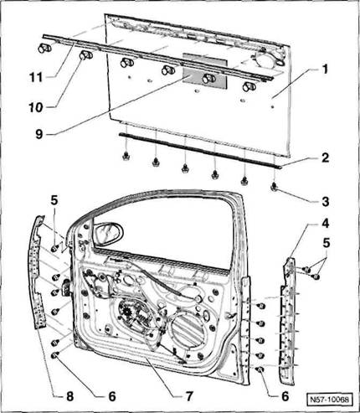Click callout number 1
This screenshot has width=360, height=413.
(324, 70)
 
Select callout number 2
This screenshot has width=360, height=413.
(325, 157)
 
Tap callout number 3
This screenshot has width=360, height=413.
(325, 202)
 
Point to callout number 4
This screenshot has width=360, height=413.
(325, 224)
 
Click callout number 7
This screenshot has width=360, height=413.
(189, 396)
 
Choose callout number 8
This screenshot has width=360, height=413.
(69, 396)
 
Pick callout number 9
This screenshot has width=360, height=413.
(39, 134)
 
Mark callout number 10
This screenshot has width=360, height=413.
(36, 107)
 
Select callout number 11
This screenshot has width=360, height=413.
(36, 77)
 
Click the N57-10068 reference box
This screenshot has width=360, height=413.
(330, 399)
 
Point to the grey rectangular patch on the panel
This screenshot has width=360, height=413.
(204, 71)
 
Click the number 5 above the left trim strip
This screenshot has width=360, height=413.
(54, 200)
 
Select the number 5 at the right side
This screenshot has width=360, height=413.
(326, 243)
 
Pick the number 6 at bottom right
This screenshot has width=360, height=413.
(285, 396)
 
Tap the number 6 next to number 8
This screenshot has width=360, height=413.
(112, 396)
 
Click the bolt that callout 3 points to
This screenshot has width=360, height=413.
(275, 187)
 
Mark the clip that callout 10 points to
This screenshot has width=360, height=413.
(85, 55)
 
